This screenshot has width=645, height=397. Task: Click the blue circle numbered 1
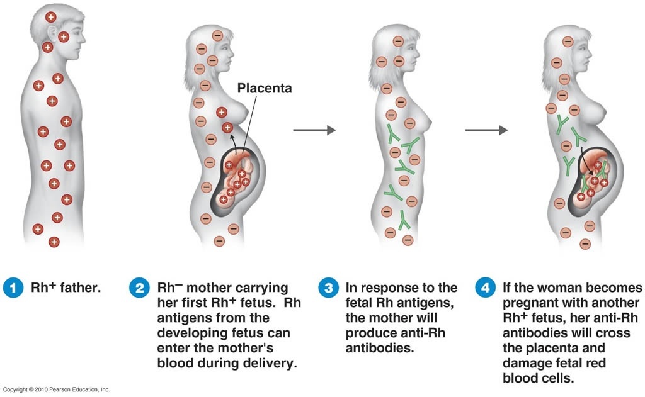(13, 289)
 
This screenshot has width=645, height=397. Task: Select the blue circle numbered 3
(328, 289)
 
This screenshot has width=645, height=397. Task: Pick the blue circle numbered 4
(485, 289)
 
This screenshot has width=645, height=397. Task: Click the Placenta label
(265, 89)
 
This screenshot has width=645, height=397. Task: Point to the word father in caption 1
(79, 289)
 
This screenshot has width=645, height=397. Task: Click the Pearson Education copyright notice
(57, 390)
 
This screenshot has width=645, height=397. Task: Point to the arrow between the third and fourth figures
(486, 130)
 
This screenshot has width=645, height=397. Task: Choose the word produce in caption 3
(369, 333)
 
